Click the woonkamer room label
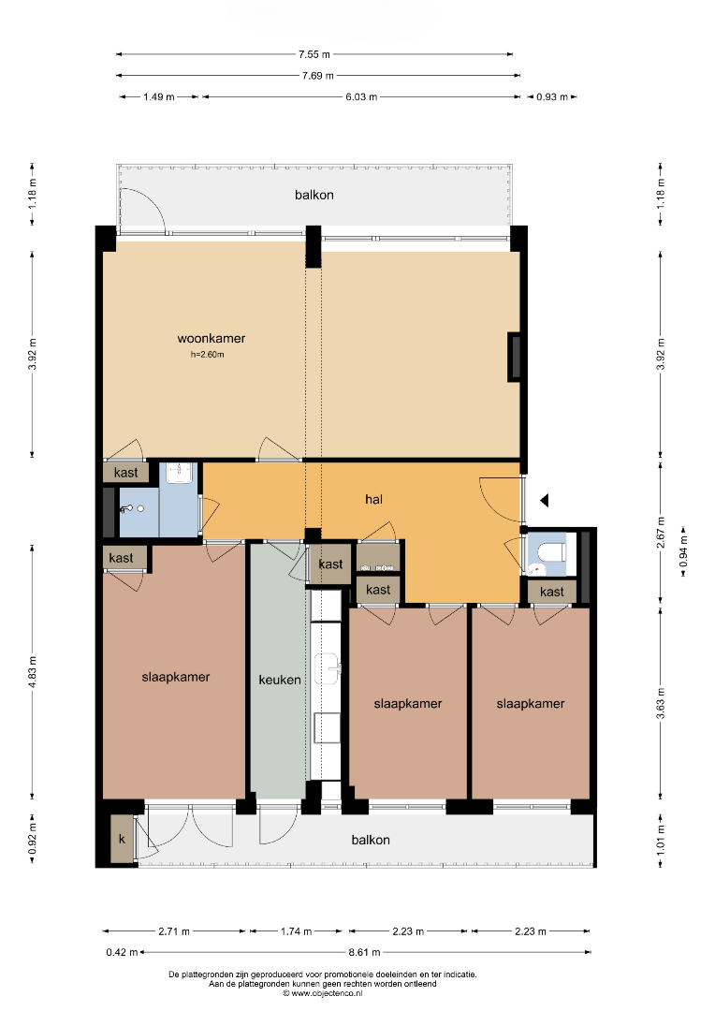[212, 339]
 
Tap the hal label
[374, 499]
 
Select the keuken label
[280, 680]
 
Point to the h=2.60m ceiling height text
[208, 355]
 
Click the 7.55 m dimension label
[314, 55]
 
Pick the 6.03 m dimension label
[361, 96]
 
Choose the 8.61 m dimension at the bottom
[364, 952]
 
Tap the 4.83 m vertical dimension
[32, 672]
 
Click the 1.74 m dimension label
[296, 931]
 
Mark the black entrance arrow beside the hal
[544, 500]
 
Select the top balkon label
[314, 195]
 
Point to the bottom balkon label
[371, 840]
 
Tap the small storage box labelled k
[122, 840]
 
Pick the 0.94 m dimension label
[683, 552]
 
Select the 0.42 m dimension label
[122, 952]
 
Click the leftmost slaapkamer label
[176, 677]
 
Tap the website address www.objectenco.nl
[322, 993]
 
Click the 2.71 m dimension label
[174, 931]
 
